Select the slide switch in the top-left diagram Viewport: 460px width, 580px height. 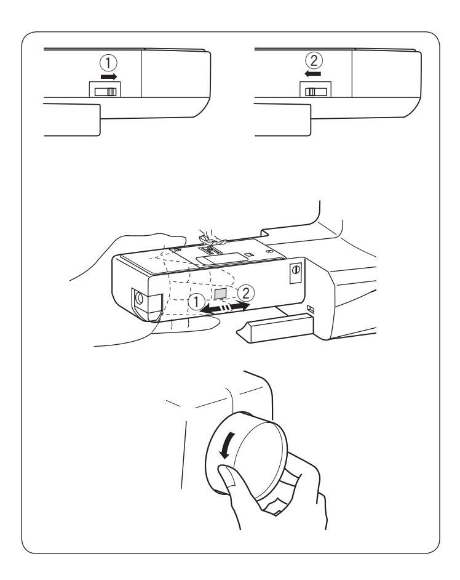pyautogui.click(x=106, y=91)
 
